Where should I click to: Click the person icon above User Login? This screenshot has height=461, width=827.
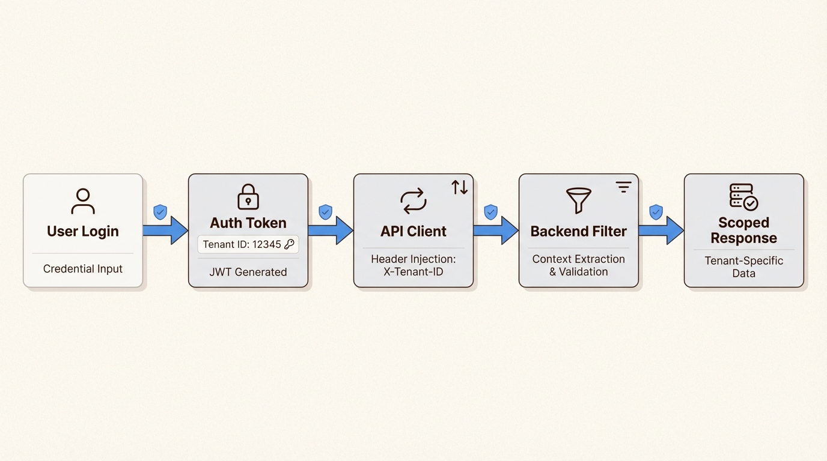pyautogui.click(x=83, y=201)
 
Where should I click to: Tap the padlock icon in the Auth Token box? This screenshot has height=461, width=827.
pyautogui.click(x=248, y=196)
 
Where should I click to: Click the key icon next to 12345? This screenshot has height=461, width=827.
pyautogui.click(x=289, y=244)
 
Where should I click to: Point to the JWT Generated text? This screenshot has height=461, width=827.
pyautogui.click(x=248, y=272)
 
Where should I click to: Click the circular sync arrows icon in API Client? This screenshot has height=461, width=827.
pyautogui.click(x=413, y=201)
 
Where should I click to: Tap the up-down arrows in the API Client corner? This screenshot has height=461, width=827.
pyautogui.click(x=460, y=187)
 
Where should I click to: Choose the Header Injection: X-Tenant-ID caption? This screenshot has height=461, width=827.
pyautogui.click(x=413, y=265)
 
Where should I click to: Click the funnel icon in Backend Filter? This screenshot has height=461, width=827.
pyautogui.click(x=579, y=200)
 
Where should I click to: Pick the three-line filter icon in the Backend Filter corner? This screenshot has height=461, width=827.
pyautogui.click(x=624, y=187)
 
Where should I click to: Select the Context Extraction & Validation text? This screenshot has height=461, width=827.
pyautogui.click(x=579, y=265)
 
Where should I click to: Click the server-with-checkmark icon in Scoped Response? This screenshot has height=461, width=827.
pyautogui.click(x=743, y=197)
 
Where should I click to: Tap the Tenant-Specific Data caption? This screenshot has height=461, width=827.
pyautogui.click(x=744, y=267)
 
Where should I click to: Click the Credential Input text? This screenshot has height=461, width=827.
pyautogui.click(x=83, y=269)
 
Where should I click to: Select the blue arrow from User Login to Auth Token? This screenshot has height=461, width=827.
pyautogui.click(x=165, y=230)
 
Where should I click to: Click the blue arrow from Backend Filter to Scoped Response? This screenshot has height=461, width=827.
pyautogui.click(x=661, y=230)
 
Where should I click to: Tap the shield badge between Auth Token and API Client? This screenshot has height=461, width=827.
pyautogui.click(x=325, y=212)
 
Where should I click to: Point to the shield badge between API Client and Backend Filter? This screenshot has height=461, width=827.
pyautogui.click(x=490, y=212)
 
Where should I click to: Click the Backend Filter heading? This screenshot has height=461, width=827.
pyautogui.click(x=579, y=231)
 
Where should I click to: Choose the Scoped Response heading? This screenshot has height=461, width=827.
pyautogui.click(x=744, y=230)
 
